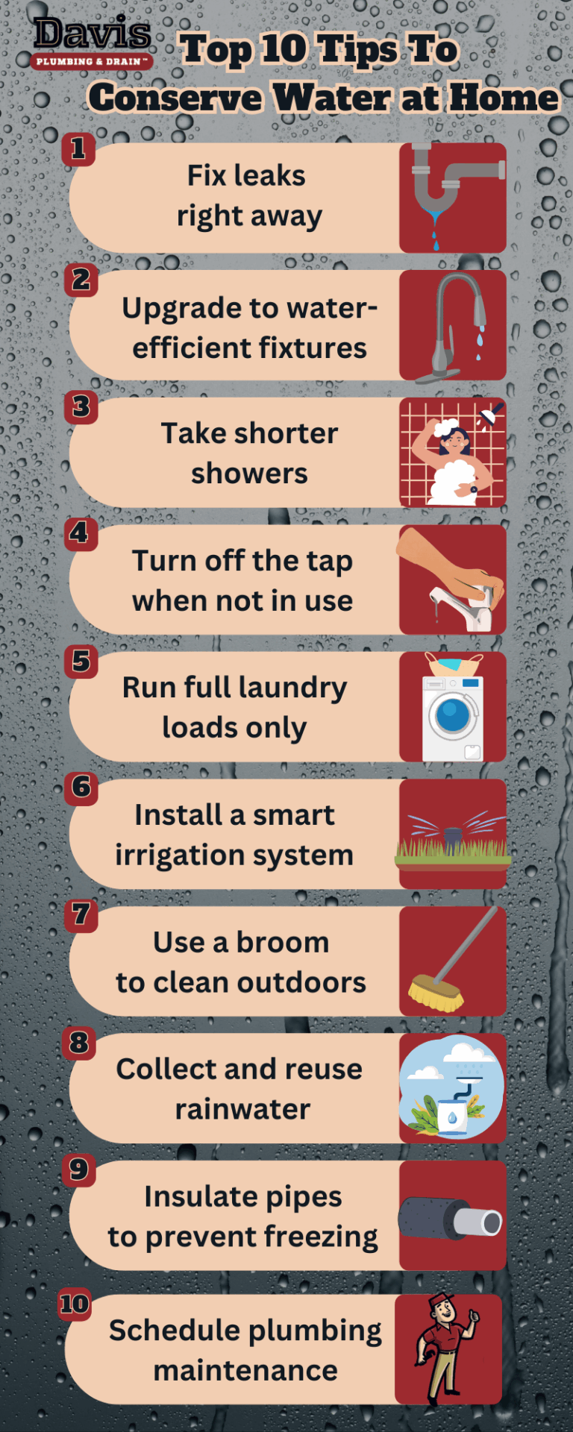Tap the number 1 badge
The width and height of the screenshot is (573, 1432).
pyautogui.click(x=78, y=149)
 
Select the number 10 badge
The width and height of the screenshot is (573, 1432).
pyautogui.click(x=75, y=1304)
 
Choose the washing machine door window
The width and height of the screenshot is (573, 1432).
pyautogui.click(x=452, y=715)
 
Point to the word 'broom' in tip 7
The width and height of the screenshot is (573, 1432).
pyautogui.click(x=283, y=943)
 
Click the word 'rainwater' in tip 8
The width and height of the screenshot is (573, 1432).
pyautogui.click(x=242, y=1109)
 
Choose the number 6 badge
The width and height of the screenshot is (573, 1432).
pyautogui.click(x=81, y=788)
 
